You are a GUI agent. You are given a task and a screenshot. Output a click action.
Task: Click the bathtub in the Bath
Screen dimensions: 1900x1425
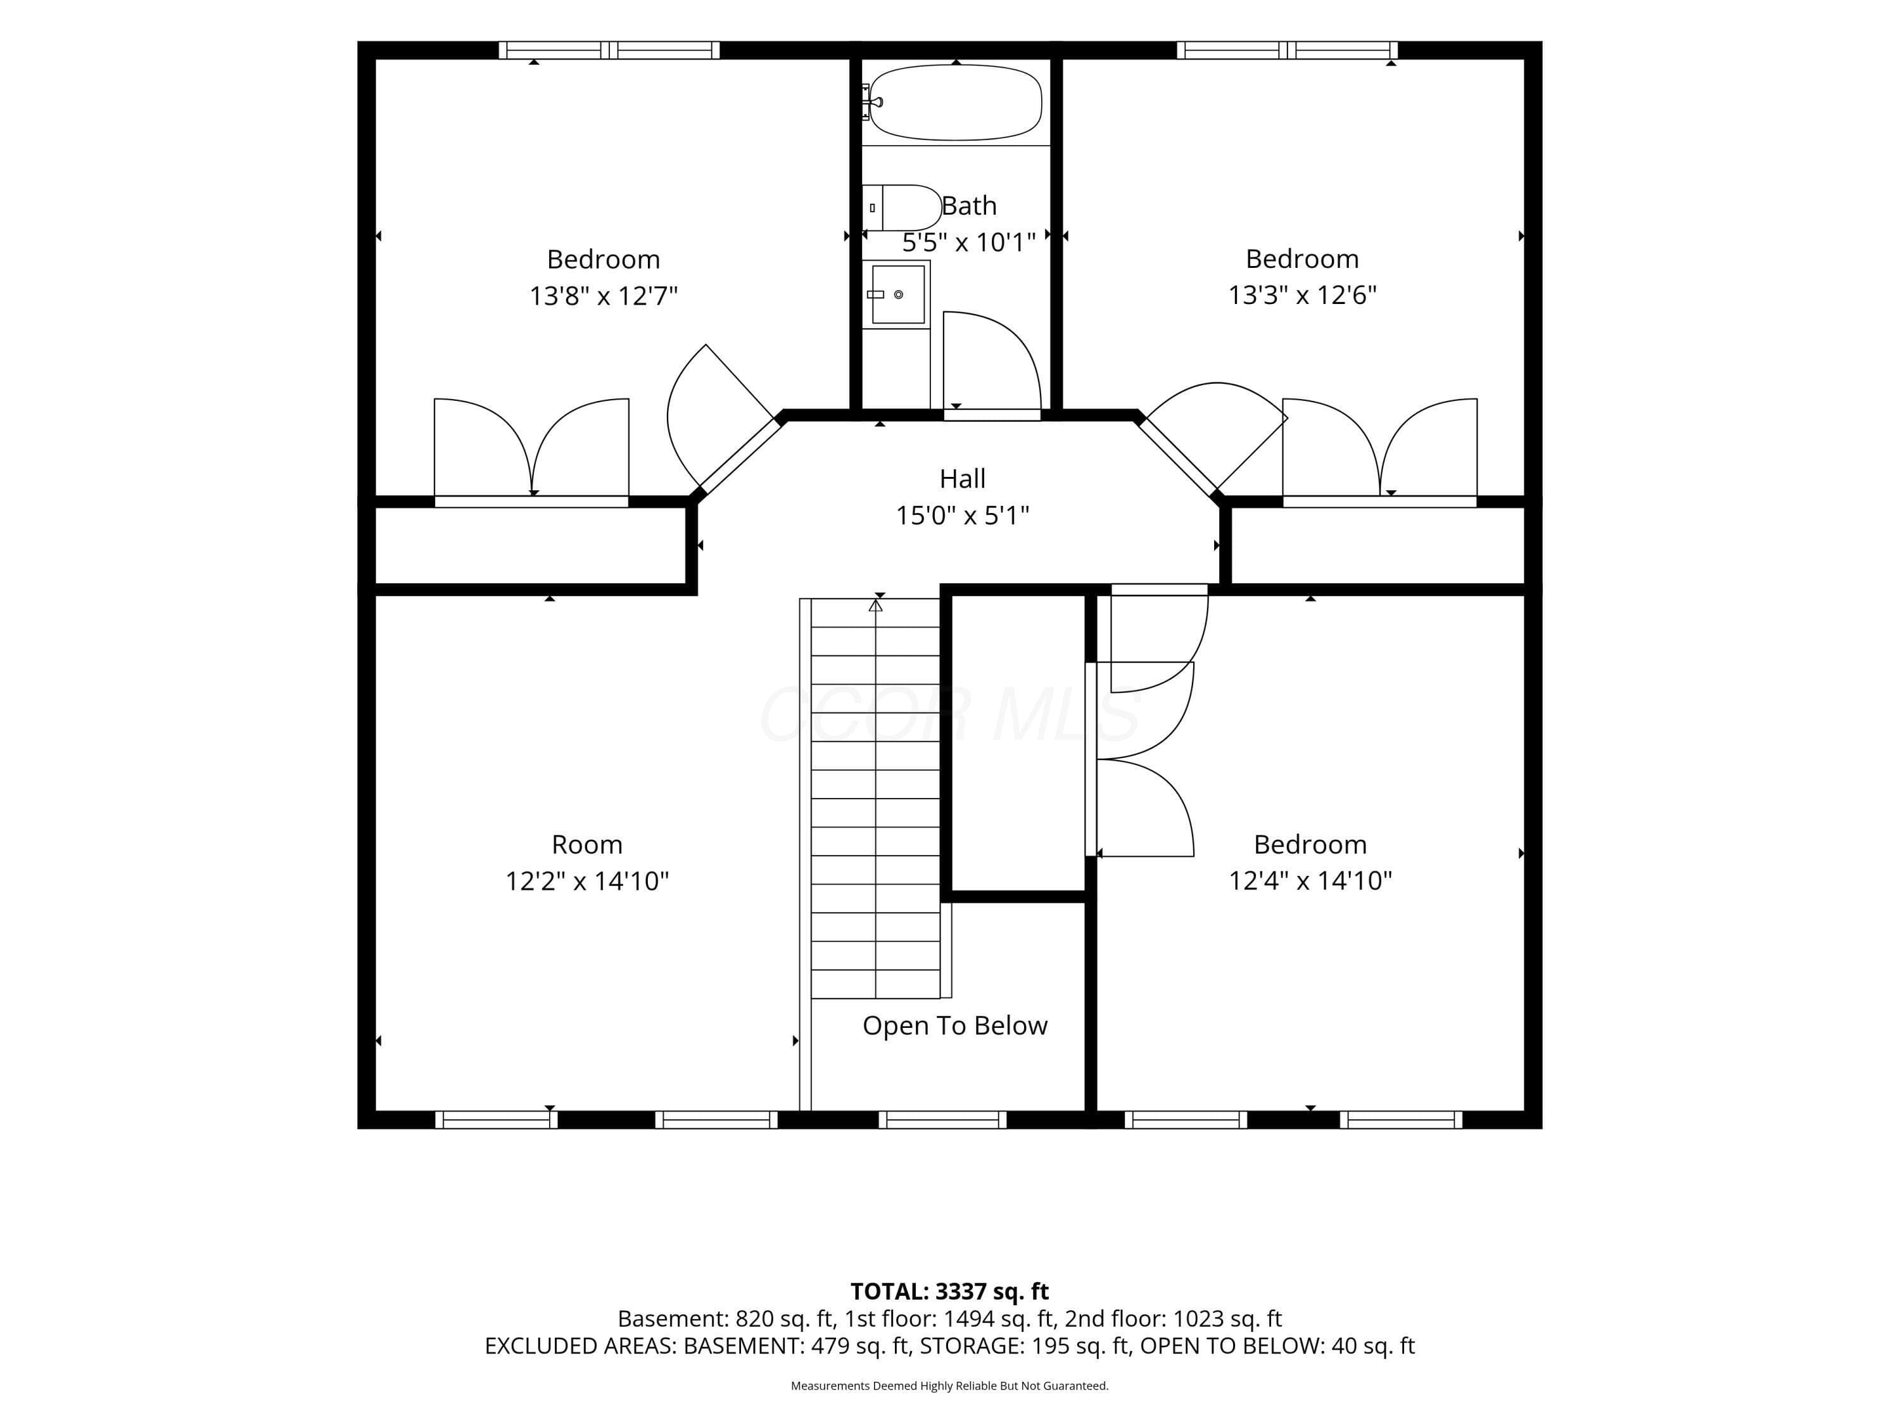click(x=955, y=102)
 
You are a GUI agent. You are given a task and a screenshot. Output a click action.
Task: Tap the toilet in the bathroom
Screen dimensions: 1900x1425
click(x=901, y=208)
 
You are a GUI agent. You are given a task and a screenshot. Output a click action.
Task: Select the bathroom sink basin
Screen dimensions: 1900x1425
click(x=897, y=294)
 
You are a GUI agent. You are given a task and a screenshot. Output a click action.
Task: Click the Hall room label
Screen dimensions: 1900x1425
click(x=962, y=478)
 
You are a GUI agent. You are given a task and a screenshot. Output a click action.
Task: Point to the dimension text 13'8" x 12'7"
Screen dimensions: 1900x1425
click(x=603, y=296)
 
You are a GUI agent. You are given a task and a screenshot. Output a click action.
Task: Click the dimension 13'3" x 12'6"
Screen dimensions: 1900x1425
click(x=1302, y=294)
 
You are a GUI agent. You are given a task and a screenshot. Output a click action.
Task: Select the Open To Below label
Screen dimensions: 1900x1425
click(x=955, y=1025)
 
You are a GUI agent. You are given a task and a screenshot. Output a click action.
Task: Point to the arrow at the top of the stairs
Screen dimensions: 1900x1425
click(x=875, y=605)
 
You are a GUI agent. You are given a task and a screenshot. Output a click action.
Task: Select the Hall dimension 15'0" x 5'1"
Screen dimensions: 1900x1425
click(x=962, y=516)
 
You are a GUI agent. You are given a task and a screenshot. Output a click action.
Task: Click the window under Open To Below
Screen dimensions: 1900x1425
click(x=942, y=1119)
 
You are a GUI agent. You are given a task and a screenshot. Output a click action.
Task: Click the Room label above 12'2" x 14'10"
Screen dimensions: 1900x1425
click(x=586, y=844)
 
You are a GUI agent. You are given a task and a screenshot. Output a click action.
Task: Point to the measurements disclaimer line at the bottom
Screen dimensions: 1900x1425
click(x=949, y=1386)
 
